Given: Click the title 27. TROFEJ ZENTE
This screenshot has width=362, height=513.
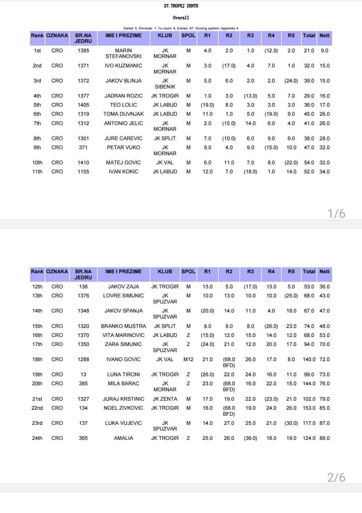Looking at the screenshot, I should pos(181,6).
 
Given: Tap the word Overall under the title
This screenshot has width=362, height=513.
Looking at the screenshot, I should pos(181,17).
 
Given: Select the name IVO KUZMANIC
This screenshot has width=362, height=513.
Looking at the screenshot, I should pos(123,66).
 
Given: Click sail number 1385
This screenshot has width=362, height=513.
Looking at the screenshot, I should pos(83,51).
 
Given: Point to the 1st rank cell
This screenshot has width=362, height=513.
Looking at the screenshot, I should pos(37,51).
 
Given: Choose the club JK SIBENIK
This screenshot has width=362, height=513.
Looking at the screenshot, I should pos(165,83).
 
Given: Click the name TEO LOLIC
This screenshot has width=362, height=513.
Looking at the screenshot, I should pos(123,105).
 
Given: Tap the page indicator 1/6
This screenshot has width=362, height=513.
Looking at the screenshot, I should pos(336,214).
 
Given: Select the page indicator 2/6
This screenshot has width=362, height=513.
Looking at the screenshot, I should pos(336,477).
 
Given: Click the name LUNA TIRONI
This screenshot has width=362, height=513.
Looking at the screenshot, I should pos(123,375).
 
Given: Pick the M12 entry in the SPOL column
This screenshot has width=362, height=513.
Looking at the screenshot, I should pos(188,359).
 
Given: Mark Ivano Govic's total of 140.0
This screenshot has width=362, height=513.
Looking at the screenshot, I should pos(309,359).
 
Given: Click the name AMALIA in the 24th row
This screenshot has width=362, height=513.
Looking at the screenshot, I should pos(123,438).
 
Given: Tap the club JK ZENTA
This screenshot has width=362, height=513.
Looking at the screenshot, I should pos(165,399).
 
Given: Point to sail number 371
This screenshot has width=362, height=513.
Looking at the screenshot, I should pos(83,148).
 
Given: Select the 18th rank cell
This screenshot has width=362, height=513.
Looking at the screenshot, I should pos(37,359).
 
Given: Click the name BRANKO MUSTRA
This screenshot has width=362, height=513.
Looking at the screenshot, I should pos(123,326).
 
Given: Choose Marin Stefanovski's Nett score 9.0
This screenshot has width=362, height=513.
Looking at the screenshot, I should pos(324,51).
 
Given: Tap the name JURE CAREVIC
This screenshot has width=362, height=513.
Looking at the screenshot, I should pos(123,138).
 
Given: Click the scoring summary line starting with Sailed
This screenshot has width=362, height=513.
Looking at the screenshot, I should pos(181,28).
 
